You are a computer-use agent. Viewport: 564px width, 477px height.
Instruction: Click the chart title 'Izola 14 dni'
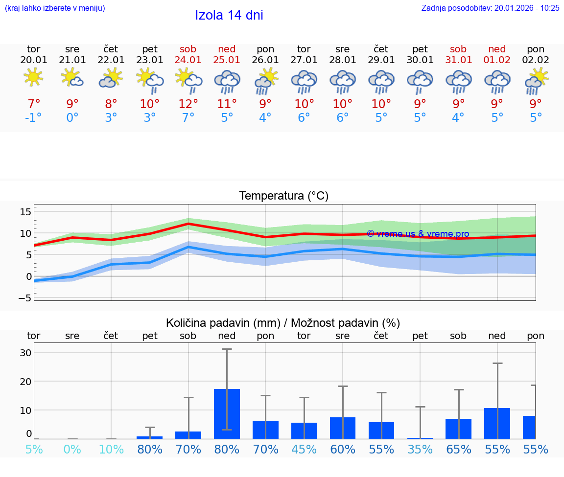(229, 15)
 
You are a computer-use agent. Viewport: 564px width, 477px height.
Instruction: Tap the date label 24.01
(188, 60)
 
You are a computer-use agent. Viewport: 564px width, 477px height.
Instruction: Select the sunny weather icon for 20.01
(33, 77)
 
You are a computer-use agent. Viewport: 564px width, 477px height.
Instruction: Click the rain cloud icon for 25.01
(227, 81)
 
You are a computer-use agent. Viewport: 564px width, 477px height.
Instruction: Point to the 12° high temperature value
(188, 104)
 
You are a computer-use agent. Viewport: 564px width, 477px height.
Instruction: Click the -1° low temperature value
(33, 118)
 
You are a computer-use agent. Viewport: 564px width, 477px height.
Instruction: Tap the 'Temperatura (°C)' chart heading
(283, 196)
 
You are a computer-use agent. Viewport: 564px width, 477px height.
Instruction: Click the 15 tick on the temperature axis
(25, 212)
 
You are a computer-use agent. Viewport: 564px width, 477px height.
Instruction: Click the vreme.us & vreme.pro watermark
(418, 234)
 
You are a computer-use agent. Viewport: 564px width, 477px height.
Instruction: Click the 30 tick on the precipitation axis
(25, 353)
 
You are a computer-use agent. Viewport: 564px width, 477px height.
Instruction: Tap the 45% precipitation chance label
(304, 449)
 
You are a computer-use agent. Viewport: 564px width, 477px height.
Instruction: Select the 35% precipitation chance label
(420, 449)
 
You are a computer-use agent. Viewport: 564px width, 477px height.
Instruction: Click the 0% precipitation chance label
(72, 449)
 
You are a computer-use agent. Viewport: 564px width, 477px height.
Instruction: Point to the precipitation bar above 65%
(458, 429)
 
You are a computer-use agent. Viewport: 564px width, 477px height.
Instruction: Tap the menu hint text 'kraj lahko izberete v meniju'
(54, 8)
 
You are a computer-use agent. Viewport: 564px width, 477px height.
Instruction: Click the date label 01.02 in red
(497, 60)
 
